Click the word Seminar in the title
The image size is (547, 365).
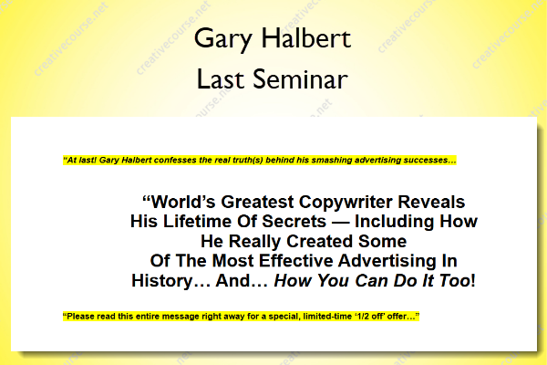click(300, 79)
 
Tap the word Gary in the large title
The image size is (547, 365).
click(223, 39)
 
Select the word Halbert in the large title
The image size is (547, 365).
click(306, 37)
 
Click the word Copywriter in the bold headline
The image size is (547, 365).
click(346, 203)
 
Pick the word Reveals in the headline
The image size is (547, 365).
click(431, 202)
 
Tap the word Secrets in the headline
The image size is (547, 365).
click(294, 222)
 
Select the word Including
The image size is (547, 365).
click(394, 222)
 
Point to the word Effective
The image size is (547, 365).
click(296, 261)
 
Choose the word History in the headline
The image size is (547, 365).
click(162, 281)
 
